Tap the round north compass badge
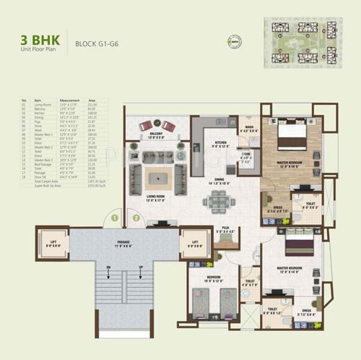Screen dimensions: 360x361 (255, 41)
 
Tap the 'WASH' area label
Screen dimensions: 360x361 (248, 129)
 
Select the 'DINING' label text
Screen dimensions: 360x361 (222, 182)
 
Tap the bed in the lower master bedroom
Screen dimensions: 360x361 (300, 244)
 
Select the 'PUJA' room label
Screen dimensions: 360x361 (225, 229)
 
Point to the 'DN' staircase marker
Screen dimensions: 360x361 (108, 267)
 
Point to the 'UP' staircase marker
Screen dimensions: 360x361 (131, 267)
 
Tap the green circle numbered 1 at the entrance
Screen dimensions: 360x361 (113, 216)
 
